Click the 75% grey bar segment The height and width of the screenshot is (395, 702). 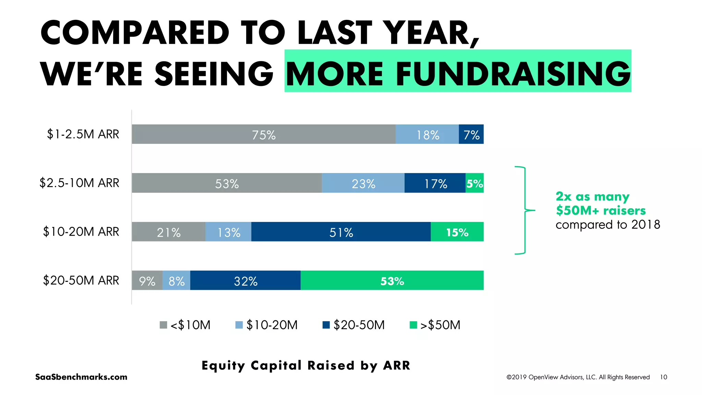tap(263, 134)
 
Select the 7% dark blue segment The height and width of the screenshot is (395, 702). tap(471, 134)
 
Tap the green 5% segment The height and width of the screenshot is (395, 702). tap(474, 183)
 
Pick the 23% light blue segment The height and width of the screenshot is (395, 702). tap(363, 183)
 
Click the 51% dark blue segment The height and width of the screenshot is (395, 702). tap(341, 232)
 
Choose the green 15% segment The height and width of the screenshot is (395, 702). tap(457, 232)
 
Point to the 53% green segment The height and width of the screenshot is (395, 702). tap(392, 281)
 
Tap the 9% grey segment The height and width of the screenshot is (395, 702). tap(147, 281)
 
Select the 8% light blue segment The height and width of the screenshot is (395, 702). tap(176, 281)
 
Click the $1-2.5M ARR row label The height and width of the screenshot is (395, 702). tap(83, 134)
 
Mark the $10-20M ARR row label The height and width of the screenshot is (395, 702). tap(81, 232)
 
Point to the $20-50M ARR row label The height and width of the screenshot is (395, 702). tap(81, 281)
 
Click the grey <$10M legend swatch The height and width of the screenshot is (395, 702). tap(164, 325)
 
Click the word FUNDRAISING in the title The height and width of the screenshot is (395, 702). tap(513, 74)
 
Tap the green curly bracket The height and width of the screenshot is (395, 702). tap(524, 210)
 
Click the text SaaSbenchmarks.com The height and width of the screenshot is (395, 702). tap(81, 377)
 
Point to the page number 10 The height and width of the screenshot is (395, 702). tap(663, 377)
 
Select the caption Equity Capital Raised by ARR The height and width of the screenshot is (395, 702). tap(306, 366)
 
